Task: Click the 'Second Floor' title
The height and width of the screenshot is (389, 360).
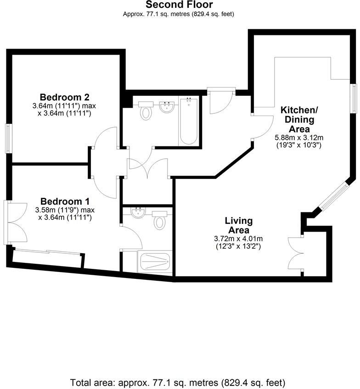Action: coord(179,5)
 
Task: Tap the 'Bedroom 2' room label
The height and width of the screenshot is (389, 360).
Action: coord(64,97)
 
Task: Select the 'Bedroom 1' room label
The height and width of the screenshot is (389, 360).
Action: coord(65,201)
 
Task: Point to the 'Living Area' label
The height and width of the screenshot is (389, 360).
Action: coord(239,225)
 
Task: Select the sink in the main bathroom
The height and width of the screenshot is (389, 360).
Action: coord(166,109)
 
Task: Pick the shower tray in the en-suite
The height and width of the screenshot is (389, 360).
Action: coord(154,262)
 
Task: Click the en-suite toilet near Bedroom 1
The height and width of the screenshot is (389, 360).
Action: coord(159,221)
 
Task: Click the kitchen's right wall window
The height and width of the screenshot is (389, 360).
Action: coord(354,98)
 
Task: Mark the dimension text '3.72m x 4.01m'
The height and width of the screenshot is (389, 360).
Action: coord(238,239)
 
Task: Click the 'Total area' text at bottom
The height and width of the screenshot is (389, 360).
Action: coord(178,382)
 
